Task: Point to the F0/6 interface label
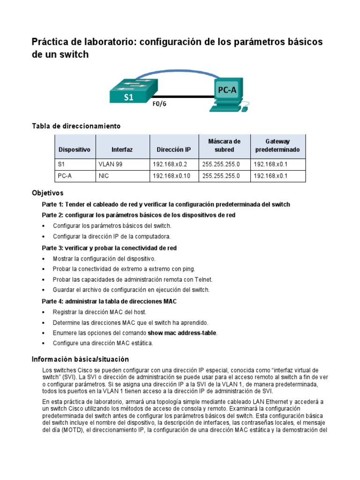[159, 104]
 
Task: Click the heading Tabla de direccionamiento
[76, 126]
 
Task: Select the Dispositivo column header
[75, 150]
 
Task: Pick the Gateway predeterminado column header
[277, 145]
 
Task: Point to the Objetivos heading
[47, 193]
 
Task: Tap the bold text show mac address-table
[183, 333]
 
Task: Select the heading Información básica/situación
[80, 360]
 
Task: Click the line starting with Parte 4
[109, 301]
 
